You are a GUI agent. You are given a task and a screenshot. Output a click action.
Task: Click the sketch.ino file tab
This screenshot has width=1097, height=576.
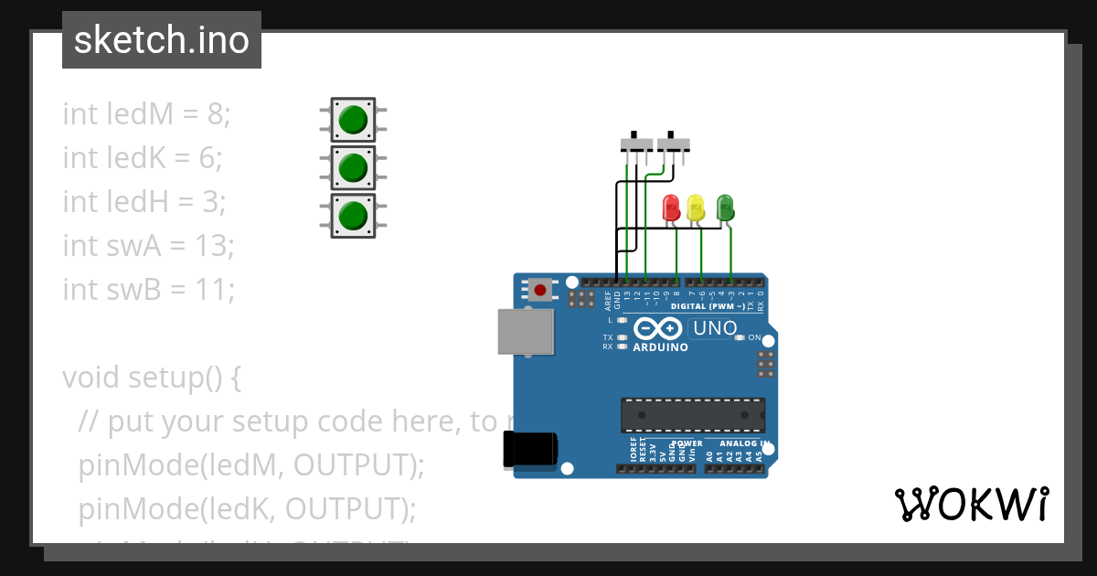[x=162, y=40]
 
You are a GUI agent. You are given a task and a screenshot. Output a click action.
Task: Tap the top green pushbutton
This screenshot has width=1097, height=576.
[x=352, y=120]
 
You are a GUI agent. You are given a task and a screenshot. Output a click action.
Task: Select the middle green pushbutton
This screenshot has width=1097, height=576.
[x=352, y=167]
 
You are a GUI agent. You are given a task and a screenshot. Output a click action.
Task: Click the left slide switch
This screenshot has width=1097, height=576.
[x=636, y=144]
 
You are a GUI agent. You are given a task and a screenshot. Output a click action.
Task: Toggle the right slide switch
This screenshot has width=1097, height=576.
[x=674, y=144]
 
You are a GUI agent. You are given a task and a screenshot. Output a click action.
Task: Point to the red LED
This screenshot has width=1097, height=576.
[x=671, y=207]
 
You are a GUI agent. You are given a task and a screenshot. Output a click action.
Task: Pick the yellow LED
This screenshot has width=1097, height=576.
[x=696, y=207]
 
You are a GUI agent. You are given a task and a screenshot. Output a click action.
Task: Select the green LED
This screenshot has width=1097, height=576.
[x=725, y=207]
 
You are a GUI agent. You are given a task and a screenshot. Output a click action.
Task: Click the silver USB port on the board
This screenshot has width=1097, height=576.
[x=525, y=331]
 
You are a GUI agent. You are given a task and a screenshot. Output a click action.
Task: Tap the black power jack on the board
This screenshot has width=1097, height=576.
[x=530, y=450]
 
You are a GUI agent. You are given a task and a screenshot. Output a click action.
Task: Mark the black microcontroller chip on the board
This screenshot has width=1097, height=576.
[x=693, y=414]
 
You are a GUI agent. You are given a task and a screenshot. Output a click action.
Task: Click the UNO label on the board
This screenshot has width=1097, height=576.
[x=715, y=328]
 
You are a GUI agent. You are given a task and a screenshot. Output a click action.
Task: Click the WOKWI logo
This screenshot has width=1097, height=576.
[x=971, y=504]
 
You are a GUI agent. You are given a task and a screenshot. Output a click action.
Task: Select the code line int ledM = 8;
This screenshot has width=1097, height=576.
[x=147, y=114]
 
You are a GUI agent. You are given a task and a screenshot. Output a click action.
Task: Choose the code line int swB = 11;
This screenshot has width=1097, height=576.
[x=149, y=289]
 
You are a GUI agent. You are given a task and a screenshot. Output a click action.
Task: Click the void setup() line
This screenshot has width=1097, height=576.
[x=151, y=377]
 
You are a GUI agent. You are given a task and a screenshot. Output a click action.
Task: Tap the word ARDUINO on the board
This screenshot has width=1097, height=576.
[x=660, y=347]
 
